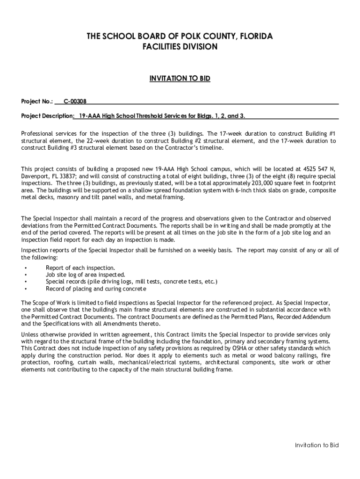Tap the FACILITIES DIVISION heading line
click(180, 47)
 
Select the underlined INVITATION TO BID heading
click(180, 79)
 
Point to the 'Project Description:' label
click(47, 116)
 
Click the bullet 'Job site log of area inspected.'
click(85, 275)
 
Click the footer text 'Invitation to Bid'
click(317, 445)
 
